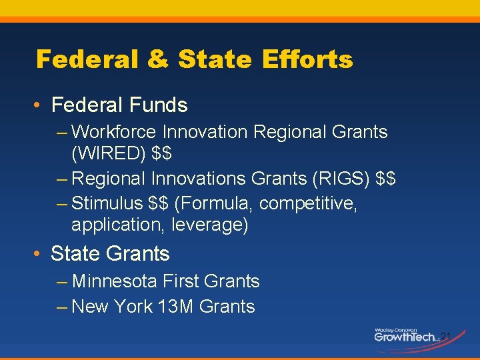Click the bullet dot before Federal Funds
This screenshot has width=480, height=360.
(x=41, y=105)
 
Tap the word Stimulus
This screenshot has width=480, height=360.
(x=107, y=203)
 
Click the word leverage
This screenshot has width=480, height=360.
(x=209, y=225)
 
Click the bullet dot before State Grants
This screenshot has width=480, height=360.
(x=41, y=254)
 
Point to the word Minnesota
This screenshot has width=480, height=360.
(x=117, y=281)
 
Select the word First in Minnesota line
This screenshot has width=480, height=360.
(x=181, y=281)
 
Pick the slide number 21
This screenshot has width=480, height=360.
(x=447, y=335)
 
